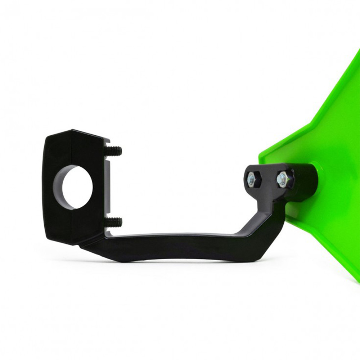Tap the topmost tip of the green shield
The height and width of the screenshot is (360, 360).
pyautogui.click(x=358, y=54)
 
